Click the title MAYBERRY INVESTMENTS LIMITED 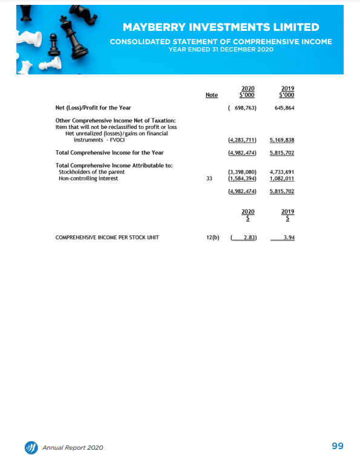point(220,27)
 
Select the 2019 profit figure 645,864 point(282,108)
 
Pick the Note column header point(212,95)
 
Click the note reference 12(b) point(212,237)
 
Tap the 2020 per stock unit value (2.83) point(245,237)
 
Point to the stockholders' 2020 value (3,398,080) point(243,172)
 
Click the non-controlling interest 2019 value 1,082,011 point(282,179)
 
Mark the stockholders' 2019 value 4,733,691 point(282,172)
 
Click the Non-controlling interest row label point(83,179)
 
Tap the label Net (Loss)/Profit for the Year point(93,108)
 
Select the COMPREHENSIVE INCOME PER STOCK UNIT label point(107,237)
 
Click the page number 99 point(338,446)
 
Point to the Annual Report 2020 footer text point(73,447)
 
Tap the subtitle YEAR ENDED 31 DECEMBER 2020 point(220,49)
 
